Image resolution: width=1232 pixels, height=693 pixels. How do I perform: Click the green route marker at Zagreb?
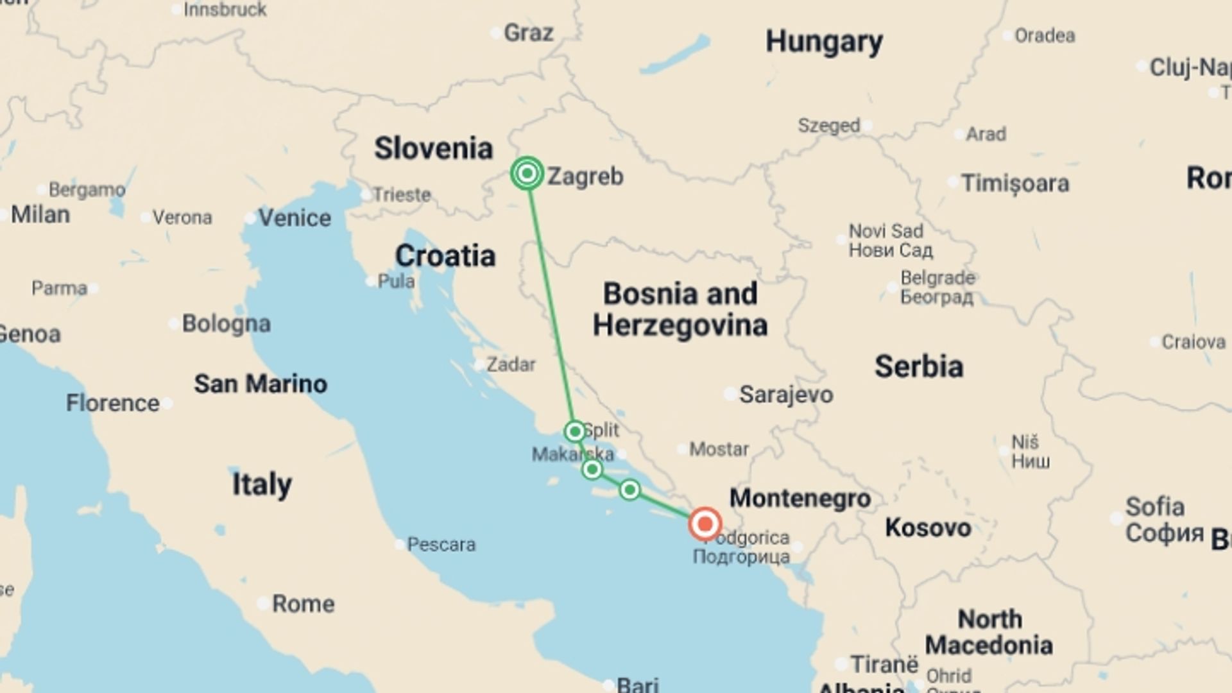coord(527,173)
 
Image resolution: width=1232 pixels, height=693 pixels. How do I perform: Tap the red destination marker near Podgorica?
coord(705,524)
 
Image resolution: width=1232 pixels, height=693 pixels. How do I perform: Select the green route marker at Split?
coord(575,431)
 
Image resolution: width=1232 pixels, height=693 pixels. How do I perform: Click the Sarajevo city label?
coord(785,394)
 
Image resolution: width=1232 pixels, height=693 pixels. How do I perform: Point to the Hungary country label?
coord(824,42)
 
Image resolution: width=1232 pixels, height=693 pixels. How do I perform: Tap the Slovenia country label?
coord(434,148)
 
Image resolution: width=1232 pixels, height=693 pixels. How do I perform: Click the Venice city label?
coord(295,218)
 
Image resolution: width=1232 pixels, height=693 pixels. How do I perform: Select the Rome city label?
coord(303,604)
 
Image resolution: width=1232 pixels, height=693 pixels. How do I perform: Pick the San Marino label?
coord(261,384)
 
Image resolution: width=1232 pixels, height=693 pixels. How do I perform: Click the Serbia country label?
coord(919,366)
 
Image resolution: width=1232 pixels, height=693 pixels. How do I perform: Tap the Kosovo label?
coord(928,527)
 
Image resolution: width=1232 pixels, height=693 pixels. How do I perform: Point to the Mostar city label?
coord(719,449)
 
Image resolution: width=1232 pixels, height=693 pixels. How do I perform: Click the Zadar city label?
coord(511,364)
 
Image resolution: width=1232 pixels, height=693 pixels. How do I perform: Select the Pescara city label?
coord(441,545)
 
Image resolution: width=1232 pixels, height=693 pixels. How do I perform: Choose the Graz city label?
coord(528,33)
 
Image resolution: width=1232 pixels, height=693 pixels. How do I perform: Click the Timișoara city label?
coord(1014,184)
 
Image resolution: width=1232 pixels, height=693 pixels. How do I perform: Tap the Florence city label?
coord(113,403)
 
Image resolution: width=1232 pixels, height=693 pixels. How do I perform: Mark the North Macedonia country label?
coord(989,632)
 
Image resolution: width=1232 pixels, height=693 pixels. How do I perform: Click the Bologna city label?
coord(226,323)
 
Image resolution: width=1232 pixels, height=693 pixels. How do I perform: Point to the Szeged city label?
coord(828,126)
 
